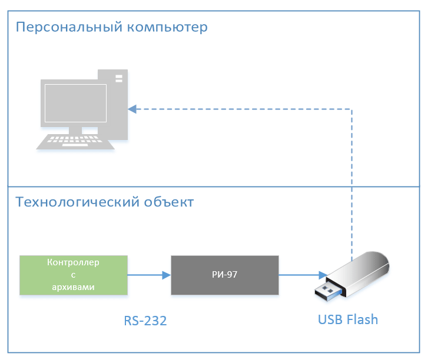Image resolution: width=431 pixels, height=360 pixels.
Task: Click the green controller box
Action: click(73, 275)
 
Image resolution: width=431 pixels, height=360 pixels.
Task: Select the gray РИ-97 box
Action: click(224, 275)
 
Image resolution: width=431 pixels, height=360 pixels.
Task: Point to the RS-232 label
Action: click(145, 321)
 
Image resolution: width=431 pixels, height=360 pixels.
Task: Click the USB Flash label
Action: click(347, 320)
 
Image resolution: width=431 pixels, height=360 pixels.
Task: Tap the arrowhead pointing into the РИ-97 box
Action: click(167, 274)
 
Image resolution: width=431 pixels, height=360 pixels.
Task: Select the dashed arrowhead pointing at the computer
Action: click(132, 109)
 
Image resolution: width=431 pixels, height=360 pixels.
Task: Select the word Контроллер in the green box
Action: click(73, 262)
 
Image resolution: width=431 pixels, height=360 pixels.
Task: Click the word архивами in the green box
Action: click(73, 286)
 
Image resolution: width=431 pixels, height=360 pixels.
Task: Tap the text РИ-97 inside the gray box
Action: click(224, 275)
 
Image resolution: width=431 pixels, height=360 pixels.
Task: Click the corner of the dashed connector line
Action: click(352, 109)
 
